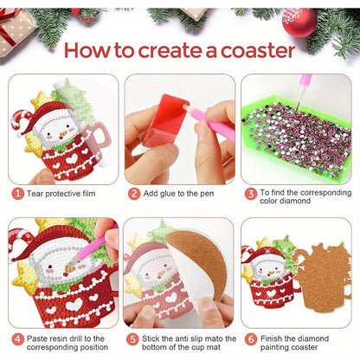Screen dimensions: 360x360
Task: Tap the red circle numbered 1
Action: click(x=16, y=193)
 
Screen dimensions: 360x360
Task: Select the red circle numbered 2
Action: click(x=134, y=193)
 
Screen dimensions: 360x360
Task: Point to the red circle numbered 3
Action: click(x=249, y=193)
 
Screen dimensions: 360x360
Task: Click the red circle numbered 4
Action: click(x=16, y=338)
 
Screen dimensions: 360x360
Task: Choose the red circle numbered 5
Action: click(x=134, y=338)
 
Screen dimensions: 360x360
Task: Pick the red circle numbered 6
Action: click(x=249, y=338)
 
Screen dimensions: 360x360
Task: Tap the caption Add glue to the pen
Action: click(x=177, y=193)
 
